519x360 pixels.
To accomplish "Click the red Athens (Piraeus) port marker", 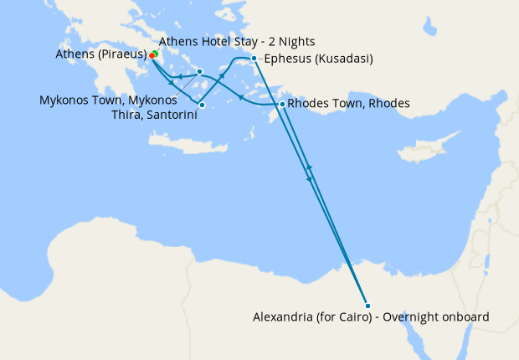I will (152, 56).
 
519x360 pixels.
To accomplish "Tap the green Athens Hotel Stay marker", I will (155, 53).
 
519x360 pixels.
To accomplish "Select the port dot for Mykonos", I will (199, 71).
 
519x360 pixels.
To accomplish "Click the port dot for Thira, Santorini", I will (202, 105).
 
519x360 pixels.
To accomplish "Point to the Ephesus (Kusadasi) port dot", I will (254, 59).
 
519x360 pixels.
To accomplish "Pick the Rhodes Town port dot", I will (282, 104).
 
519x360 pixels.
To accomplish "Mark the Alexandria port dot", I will (367, 304).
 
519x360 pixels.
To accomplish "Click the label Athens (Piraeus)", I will (100, 54).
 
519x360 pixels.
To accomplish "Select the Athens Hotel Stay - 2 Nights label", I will (237, 41).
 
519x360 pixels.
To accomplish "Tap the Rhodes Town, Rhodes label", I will (348, 104).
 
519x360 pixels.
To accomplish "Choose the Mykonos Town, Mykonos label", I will (108, 100).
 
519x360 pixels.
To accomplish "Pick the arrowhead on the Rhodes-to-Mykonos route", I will (239, 97).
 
